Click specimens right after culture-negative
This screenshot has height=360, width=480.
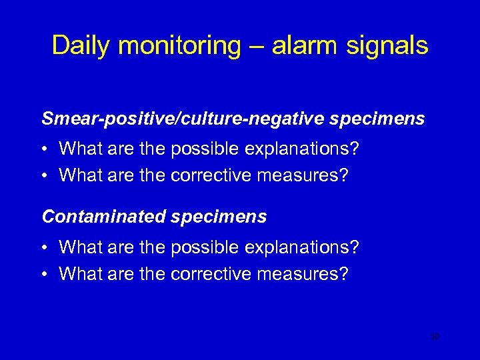click(377, 119)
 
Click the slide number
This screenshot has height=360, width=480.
click(435, 337)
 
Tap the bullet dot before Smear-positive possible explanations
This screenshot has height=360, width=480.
click(45, 149)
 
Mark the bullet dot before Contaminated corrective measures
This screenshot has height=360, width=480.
click(45, 275)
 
